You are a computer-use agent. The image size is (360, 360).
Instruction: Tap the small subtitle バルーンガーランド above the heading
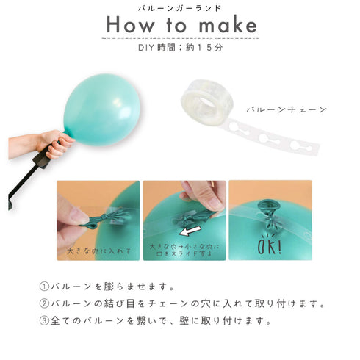pos(179,7)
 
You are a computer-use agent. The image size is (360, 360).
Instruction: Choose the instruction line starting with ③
pos(154,320)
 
